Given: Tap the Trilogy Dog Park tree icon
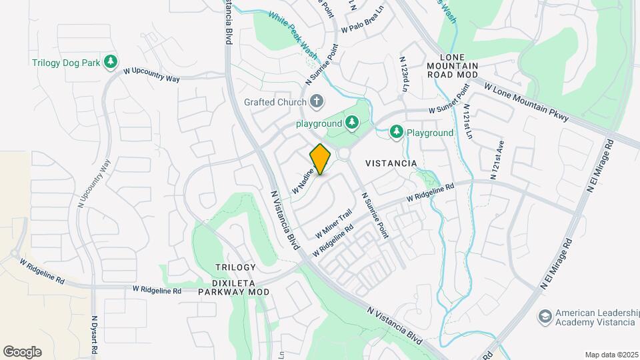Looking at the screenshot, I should click(x=111, y=63).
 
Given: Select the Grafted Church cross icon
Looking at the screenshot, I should click(x=317, y=102).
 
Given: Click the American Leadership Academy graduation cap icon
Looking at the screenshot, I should click(x=545, y=316).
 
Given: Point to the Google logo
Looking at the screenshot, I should click(x=22, y=352).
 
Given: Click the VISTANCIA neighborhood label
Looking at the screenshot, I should click(x=391, y=163).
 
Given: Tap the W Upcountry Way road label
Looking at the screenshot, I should click(x=152, y=74).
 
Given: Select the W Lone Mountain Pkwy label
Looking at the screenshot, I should click(x=527, y=102).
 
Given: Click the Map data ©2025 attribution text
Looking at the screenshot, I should click(x=611, y=355).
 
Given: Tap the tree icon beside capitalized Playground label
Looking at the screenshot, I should click(x=397, y=132).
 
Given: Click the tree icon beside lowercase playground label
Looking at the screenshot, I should click(x=351, y=123).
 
